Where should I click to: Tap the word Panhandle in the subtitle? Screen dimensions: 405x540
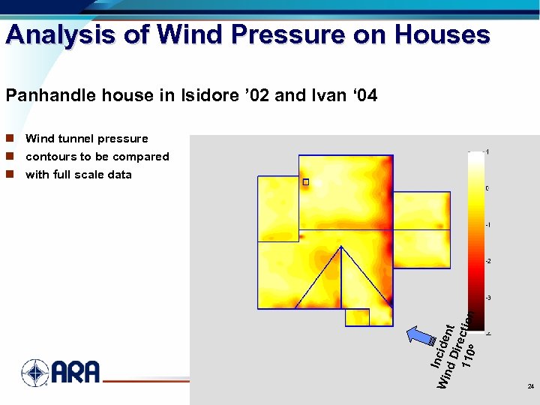click(43, 96)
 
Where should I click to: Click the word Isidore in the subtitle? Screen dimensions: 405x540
click(205, 96)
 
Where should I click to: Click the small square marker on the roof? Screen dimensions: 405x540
click(306, 182)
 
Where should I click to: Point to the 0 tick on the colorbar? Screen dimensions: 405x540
click(487, 188)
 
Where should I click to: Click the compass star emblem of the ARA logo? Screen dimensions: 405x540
click(34, 373)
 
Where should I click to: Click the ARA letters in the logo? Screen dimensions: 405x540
click(75, 373)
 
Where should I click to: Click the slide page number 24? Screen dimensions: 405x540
click(530, 387)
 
